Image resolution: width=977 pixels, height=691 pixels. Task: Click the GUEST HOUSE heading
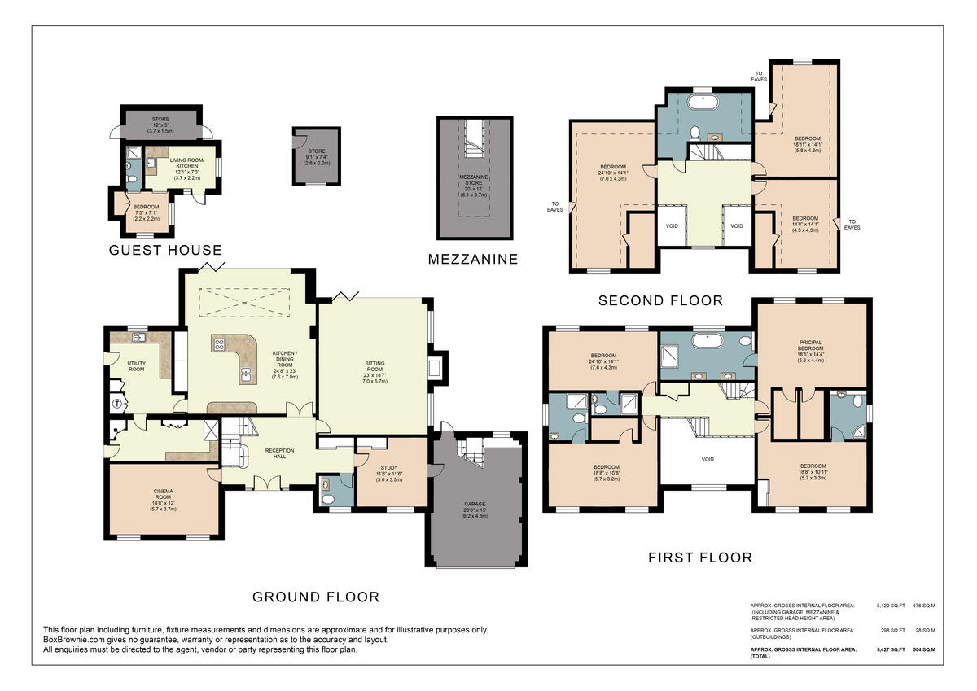165,250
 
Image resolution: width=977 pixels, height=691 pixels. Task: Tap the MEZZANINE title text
473,260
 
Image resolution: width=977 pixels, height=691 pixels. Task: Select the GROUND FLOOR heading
315,597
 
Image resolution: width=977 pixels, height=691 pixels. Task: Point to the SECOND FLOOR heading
660,300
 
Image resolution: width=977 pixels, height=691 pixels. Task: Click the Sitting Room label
375,369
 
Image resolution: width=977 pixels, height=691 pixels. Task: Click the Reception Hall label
278,453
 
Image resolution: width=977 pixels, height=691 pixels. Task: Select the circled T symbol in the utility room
116,402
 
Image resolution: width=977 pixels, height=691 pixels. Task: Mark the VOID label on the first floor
707,460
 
